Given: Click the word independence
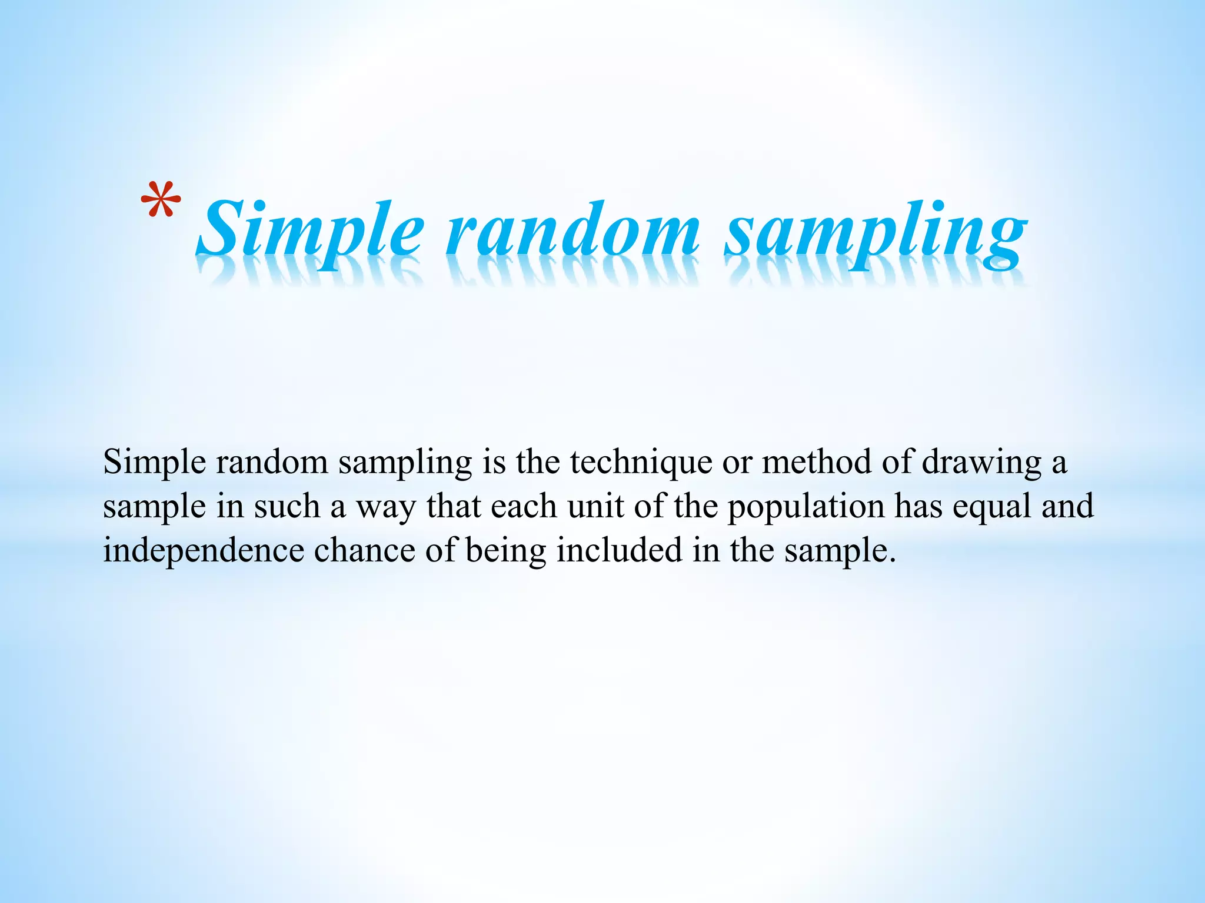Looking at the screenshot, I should [204, 550].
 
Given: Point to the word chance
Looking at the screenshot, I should [365, 550].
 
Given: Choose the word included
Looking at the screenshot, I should [619, 550].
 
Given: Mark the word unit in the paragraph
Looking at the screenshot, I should [595, 507].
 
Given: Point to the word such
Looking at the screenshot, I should [287, 507].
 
